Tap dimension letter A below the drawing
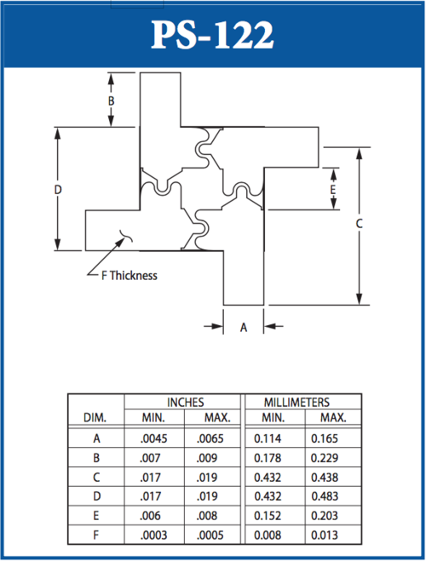click(244, 327)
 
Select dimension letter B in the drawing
click(112, 100)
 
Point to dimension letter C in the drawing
click(360, 224)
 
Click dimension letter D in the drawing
click(57, 190)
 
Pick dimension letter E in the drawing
click(333, 188)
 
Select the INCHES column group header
click(183, 402)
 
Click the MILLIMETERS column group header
click(297, 402)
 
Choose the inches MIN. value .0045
click(153, 439)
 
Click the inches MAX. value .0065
click(211, 439)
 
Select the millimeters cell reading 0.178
click(271, 459)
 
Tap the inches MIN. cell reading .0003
click(153, 535)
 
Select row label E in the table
click(96, 516)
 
